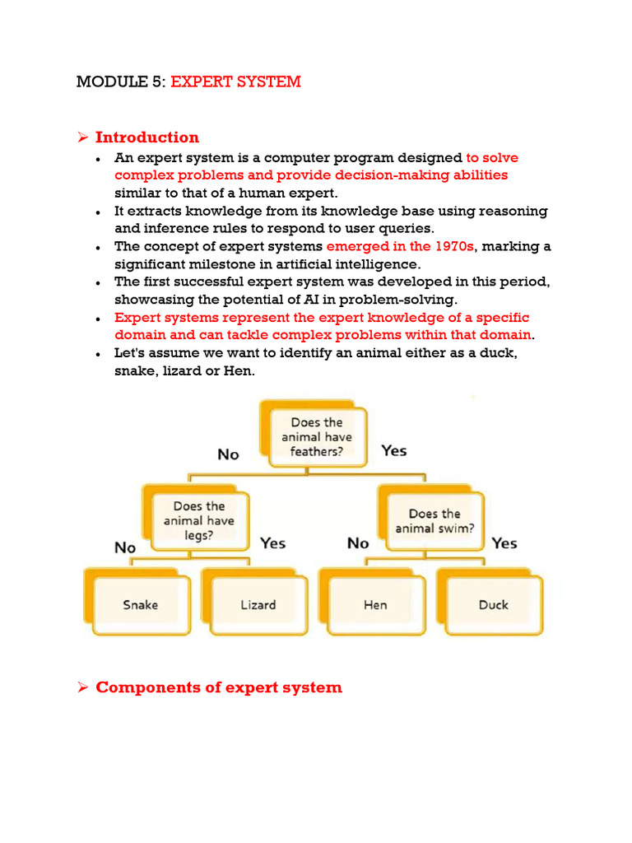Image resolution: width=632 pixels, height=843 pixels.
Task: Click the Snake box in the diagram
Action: pyautogui.click(x=141, y=605)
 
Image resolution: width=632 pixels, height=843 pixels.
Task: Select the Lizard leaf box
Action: pyautogui.click(x=258, y=605)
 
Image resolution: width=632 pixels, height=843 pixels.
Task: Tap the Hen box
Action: pyautogui.click(x=376, y=605)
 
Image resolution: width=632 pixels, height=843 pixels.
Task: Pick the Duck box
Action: pyautogui.click(x=493, y=605)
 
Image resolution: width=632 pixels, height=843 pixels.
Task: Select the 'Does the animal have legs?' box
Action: pyautogui.click(x=198, y=520)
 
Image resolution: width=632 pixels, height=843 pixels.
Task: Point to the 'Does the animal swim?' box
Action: pyautogui.click(x=434, y=521)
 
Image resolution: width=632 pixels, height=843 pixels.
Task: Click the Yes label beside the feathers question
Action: pyautogui.click(x=394, y=450)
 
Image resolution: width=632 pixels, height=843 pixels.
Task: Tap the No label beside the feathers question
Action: pyautogui.click(x=228, y=454)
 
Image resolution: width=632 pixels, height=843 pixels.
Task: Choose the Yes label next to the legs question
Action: pyautogui.click(x=273, y=543)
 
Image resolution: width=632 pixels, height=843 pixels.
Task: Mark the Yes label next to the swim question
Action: pyautogui.click(x=504, y=543)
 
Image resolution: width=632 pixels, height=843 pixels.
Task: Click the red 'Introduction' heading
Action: pyautogui.click(x=147, y=137)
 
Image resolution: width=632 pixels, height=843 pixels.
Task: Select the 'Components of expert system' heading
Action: pyautogui.click(x=219, y=687)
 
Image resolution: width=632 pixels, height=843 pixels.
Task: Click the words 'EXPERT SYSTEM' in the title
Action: pyautogui.click(x=236, y=82)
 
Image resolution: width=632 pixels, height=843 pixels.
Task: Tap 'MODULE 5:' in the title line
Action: pyautogui.click(x=121, y=82)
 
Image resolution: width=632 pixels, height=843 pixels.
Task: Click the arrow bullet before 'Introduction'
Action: pyautogui.click(x=82, y=137)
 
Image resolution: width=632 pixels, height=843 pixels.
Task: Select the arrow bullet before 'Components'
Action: pyautogui.click(x=82, y=687)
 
